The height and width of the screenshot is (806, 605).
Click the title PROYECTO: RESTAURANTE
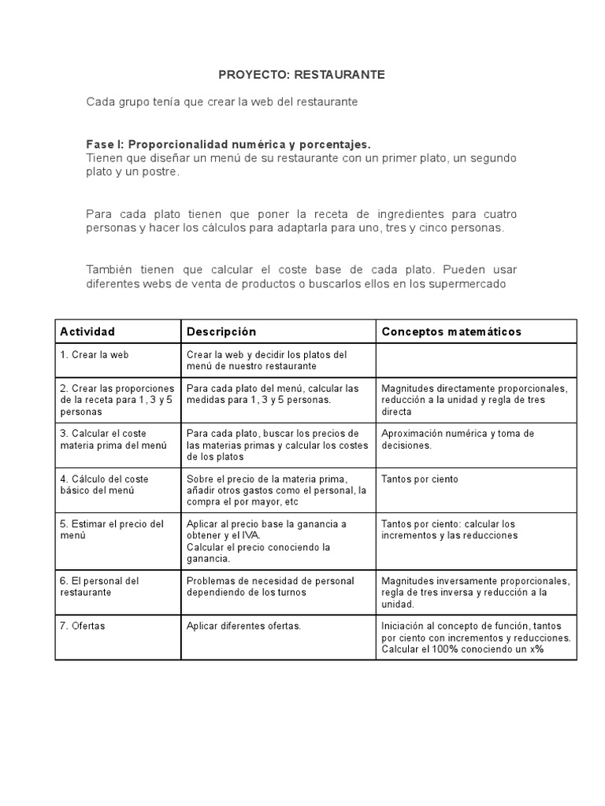(302, 75)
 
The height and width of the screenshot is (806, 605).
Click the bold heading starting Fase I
(228, 145)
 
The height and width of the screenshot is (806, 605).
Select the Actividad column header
(87, 331)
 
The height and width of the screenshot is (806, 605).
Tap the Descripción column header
(221, 331)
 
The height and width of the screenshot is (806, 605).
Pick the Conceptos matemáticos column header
(451, 331)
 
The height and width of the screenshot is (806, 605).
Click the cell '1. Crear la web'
(94, 355)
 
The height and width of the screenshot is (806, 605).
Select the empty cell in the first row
(476, 360)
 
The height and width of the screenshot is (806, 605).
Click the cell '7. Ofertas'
(83, 627)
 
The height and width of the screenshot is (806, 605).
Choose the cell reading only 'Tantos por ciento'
(419, 479)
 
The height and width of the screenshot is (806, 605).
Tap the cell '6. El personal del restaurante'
(99, 586)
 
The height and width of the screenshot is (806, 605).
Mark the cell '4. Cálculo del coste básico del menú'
(104, 485)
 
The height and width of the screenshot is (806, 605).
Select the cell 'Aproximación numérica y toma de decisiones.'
(458, 439)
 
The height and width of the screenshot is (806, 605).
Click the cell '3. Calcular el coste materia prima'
(113, 439)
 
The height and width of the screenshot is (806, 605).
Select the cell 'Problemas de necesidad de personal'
(270, 586)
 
